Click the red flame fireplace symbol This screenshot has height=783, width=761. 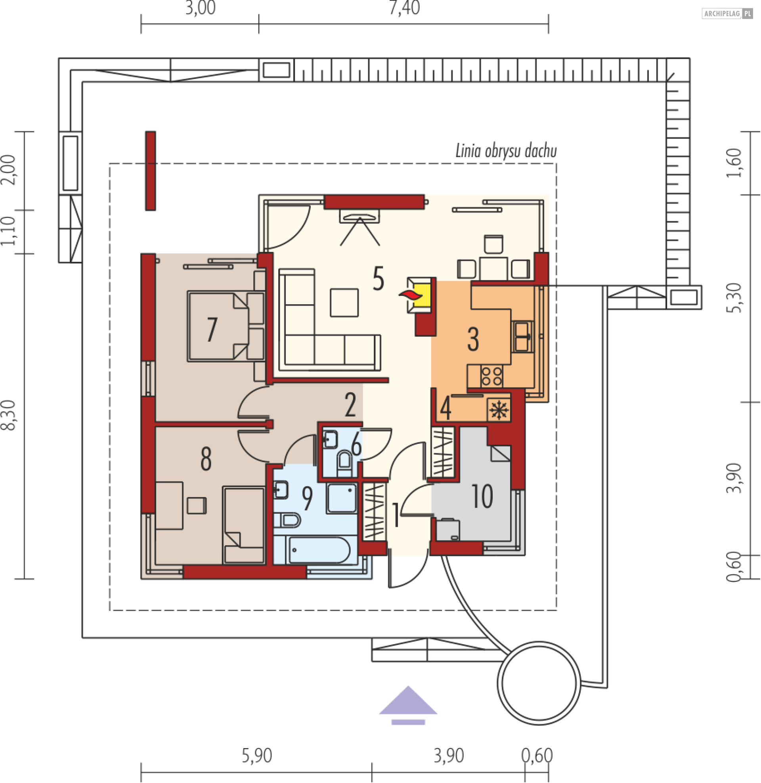pyautogui.click(x=411, y=296)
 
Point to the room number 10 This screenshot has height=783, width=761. pyautogui.click(x=482, y=496)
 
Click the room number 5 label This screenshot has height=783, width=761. pyautogui.click(x=378, y=279)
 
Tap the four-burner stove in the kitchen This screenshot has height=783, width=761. pyautogui.click(x=491, y=376)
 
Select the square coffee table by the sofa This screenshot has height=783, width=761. pyautogui.click(x=344, y=303)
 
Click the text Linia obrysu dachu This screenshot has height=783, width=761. pyautogui.click(x=506, y=151)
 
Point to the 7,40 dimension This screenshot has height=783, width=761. pyautogui.click(x=405, y=8)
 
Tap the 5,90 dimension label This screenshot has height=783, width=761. pyautogui.click(x=256, y=755)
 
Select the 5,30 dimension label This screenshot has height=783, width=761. pyautogui.click(x=734, y=298)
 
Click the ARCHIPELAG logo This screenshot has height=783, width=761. pyautogui.click(x=727, y=13)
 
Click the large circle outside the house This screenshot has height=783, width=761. pyautogui.click(x=539, y=684)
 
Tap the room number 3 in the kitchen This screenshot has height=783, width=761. pyautogui.click(x=473, y=340)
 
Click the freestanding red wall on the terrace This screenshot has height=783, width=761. pyautogui.click(x=150, y=171)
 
